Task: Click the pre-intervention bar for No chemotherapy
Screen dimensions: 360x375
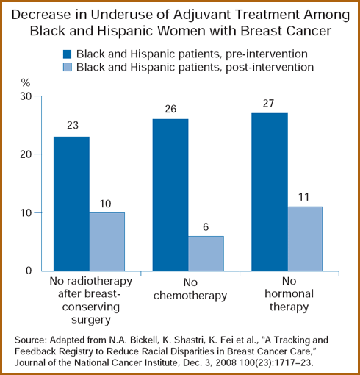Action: coord(170,195)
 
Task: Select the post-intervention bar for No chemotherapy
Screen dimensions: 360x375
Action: coord(206,254)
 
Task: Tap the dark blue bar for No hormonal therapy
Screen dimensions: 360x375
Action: coord(270,192)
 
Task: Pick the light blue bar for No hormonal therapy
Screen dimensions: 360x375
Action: coord(305,239)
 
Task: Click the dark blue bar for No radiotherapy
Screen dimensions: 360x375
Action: coord(71,204)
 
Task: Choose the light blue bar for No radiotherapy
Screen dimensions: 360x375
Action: coord(107,242)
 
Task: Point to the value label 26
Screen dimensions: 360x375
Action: coord(170,109)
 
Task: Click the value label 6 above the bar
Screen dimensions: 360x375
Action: coord(206,227)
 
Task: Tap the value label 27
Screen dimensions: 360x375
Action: coord(268,104)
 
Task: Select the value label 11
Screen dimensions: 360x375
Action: coord(303,197)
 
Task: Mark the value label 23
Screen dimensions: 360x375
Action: coord(73,126)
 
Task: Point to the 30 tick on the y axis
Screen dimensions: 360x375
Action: coord(26,96)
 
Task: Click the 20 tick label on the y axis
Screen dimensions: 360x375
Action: coord(26,154)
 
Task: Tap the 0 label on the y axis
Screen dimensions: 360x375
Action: coord(29,271)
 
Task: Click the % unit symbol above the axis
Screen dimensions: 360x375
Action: coord(26,83)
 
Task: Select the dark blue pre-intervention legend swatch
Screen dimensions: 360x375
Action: coord(67,54)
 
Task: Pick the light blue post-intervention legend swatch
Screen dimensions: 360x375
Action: coord(67,67)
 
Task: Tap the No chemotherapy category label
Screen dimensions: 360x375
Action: coord(190,289)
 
